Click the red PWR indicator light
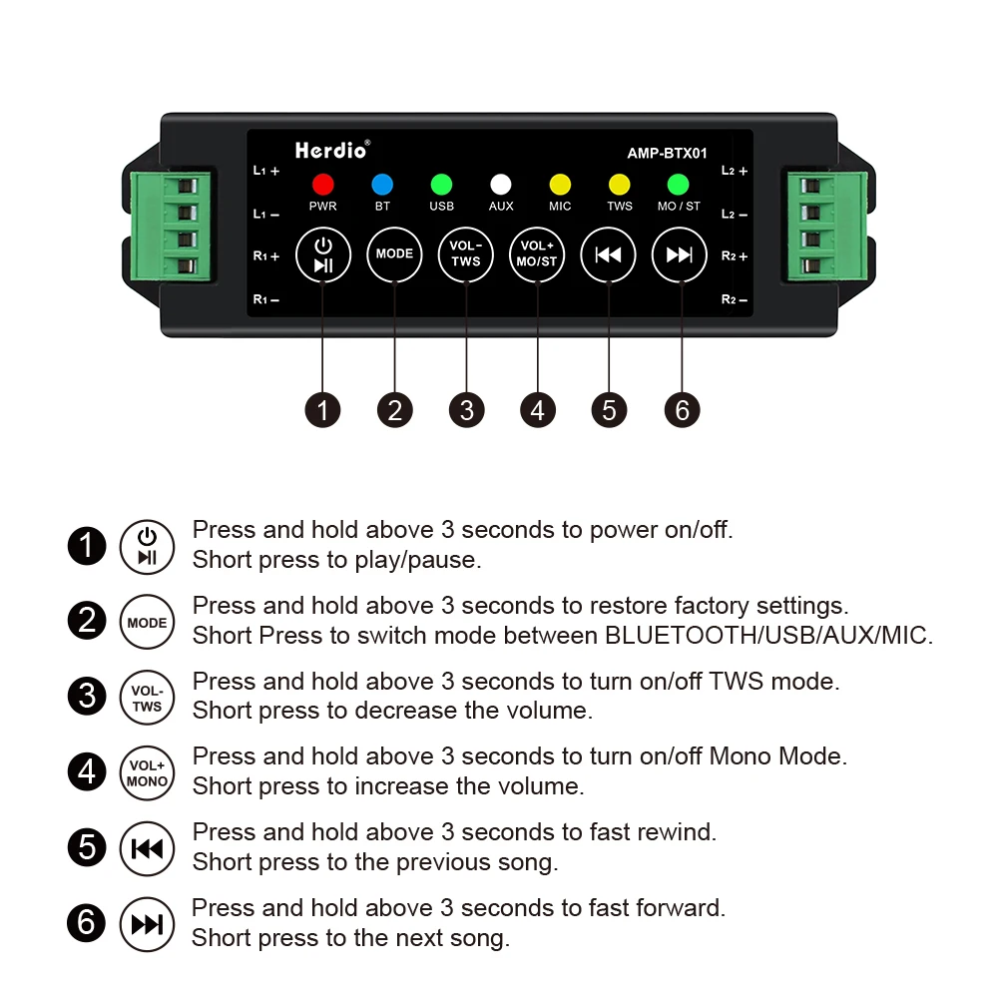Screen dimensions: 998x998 click(x=322, y=184)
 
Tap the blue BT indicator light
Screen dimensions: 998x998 click(x=382, y=184)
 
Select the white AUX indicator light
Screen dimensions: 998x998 click(x=501, y=184)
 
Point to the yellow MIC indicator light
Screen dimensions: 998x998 click(x=560, y=184)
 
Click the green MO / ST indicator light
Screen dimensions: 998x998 click(x=679, y=184)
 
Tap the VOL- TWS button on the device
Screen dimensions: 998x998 click(x=466, y=254)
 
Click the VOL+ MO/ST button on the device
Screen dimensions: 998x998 click(x=537, y=254)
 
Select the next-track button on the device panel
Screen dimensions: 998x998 click(x=680, y=254)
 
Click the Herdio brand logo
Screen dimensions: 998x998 click(x=331, y=150)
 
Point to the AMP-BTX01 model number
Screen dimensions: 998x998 click(x=667, y=154)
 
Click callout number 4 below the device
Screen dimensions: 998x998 click(x=537, y=409)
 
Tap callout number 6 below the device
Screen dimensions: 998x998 click(x=682, y=409)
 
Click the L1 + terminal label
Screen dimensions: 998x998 click(x=265, y=171)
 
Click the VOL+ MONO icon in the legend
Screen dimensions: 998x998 click(x=147, y=772)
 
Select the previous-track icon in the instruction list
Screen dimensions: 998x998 click(x=147, y=848)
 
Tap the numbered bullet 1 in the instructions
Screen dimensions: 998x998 click(x=87, y=546)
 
